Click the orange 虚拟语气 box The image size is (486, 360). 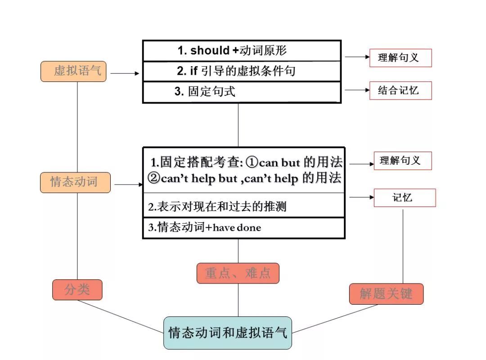tap(73, 71)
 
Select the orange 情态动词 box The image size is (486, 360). tap(75, 182)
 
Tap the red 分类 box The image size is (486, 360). tap(77, 290)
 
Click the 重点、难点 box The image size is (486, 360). tap(238, 273)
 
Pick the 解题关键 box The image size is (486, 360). tap(386, 294)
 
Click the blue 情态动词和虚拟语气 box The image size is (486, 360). tap(227, 333)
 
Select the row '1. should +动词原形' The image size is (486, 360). tap(241, 50)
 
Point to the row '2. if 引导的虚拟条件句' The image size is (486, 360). tap(241, 71)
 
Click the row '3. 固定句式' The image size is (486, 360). tap(241, 92)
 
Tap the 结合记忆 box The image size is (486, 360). tap(400, 90)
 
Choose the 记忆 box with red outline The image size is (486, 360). tap(405, 198)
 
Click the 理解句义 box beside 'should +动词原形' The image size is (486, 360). tap(400, 58)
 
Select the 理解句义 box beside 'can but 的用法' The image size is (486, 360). tap(403, 161)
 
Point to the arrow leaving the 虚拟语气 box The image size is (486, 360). tap(125, 73)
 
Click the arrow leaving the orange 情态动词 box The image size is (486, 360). tap(128, 184)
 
